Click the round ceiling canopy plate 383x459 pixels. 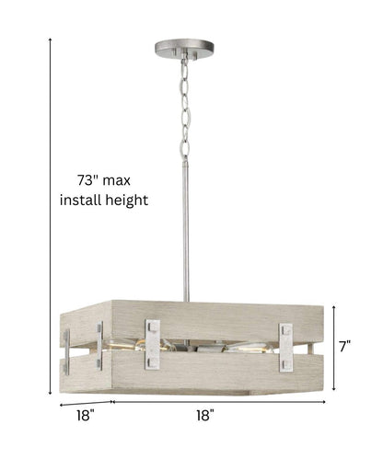[184, 48]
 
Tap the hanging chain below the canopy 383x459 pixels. [184, 109]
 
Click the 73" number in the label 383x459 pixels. [85, 180]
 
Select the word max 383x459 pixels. [116, 181]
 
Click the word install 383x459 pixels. [80, 200]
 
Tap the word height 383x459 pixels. [126, 201]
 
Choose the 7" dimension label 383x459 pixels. [345, 347]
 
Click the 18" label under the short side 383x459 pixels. [86, 416]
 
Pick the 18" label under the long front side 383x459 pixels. [205, 416]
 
